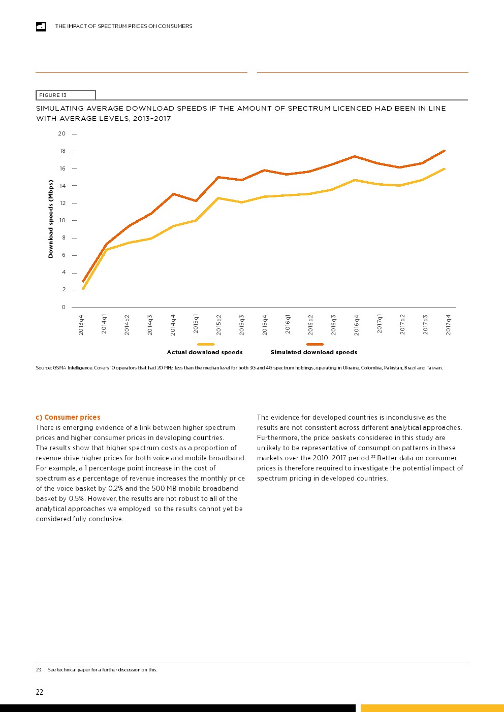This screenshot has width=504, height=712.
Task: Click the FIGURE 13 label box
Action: tap(66, 95)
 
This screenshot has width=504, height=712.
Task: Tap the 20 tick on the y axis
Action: tap(62, 134)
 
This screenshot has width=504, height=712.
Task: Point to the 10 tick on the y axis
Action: tap(62, 220)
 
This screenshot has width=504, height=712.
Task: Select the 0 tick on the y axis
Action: tap(64, 307)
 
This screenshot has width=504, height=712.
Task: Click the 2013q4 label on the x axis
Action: tap(81, 325)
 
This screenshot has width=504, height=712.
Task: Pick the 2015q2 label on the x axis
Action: tap(219, 325)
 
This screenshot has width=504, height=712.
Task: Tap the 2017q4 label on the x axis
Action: tap(449, 325)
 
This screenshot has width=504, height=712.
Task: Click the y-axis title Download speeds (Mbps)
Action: tap(51, 219)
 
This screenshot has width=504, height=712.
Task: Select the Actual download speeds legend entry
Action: tap(205, 352)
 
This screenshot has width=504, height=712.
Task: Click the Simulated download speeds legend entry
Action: tap(314, 352)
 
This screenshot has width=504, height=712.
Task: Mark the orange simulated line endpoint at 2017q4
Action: tap(445, 151)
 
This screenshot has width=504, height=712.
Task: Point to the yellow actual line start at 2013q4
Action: tap(83, 289)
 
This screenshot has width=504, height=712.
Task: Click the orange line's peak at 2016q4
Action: tap(355, 156)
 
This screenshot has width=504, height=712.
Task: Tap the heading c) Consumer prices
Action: tap(68, 417)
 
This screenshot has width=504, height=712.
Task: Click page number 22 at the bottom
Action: tap(40, 692)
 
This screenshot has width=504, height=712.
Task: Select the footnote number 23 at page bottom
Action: tap(39, 670)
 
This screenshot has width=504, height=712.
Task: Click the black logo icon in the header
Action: tap(41, 26)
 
